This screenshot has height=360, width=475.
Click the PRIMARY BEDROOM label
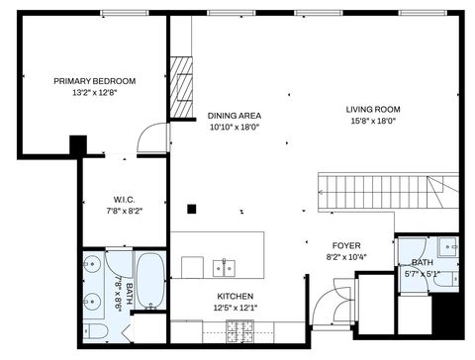pos(94,81)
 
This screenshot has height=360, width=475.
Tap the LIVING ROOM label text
pos(371,109)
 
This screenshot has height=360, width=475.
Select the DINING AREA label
pos(235,115)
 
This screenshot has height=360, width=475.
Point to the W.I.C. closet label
pos(125,197)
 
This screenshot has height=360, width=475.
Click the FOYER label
pos(345,245)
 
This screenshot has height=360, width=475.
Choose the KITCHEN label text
pos(236,297)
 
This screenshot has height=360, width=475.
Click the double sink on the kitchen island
pos(225,267)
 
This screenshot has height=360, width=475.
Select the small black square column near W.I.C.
pos(193,209)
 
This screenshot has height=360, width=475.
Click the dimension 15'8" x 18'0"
pos(371,122)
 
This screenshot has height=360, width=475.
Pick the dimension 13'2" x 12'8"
pos(94,94)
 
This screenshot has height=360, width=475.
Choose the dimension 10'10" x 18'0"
pos(235,128)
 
